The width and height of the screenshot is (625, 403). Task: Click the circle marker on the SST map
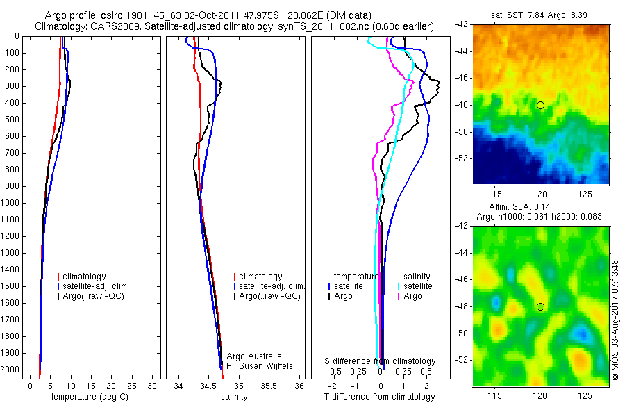pyautogui.click(x=540, y=105)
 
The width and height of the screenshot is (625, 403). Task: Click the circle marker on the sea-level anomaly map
pyautogui.click(x=540, y=306)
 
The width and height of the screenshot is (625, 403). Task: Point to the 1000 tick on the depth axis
pyautogui.click(x=12, y=203)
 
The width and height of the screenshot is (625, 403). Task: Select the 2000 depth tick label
pyautogui.click(x=12, y=370)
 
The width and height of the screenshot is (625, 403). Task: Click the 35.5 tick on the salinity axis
pyautogui.click(x=269, y=386)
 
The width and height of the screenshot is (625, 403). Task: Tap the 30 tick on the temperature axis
pyautogui.click(x=152, y=386)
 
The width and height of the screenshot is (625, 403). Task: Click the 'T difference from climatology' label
pyautogui.click(x=379, y=397)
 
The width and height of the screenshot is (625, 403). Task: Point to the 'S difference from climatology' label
pyautogui.click(x=381, y=361)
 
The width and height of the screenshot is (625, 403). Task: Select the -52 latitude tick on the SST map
pyautogui.click(x=462, y=158)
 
